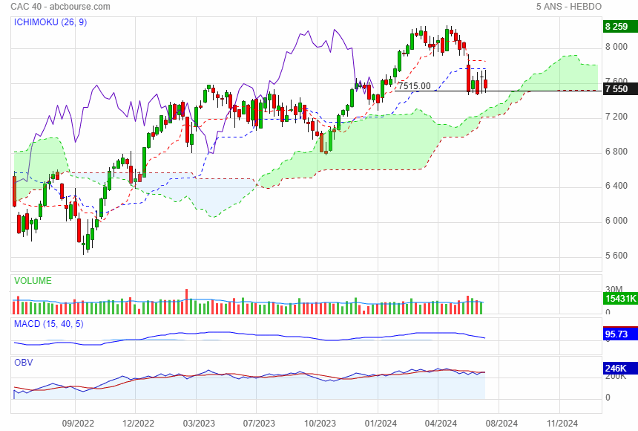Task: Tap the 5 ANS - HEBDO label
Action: click(x=568, y=7)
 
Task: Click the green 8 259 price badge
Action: click(x=617, y=27)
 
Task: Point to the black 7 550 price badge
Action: click(x=617, y=89)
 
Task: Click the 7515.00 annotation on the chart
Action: click(x=414, y=86)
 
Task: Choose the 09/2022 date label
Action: click(x=78, y=424)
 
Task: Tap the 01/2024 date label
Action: click(x=377, y=424)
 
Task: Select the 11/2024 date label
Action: click(x=562, y=424)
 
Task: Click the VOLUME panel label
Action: click(x=33, y=281)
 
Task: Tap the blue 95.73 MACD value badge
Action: click(x=617, y=335)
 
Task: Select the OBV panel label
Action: click(x=24, y=363)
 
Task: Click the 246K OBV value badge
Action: click(x=617, y=369)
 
